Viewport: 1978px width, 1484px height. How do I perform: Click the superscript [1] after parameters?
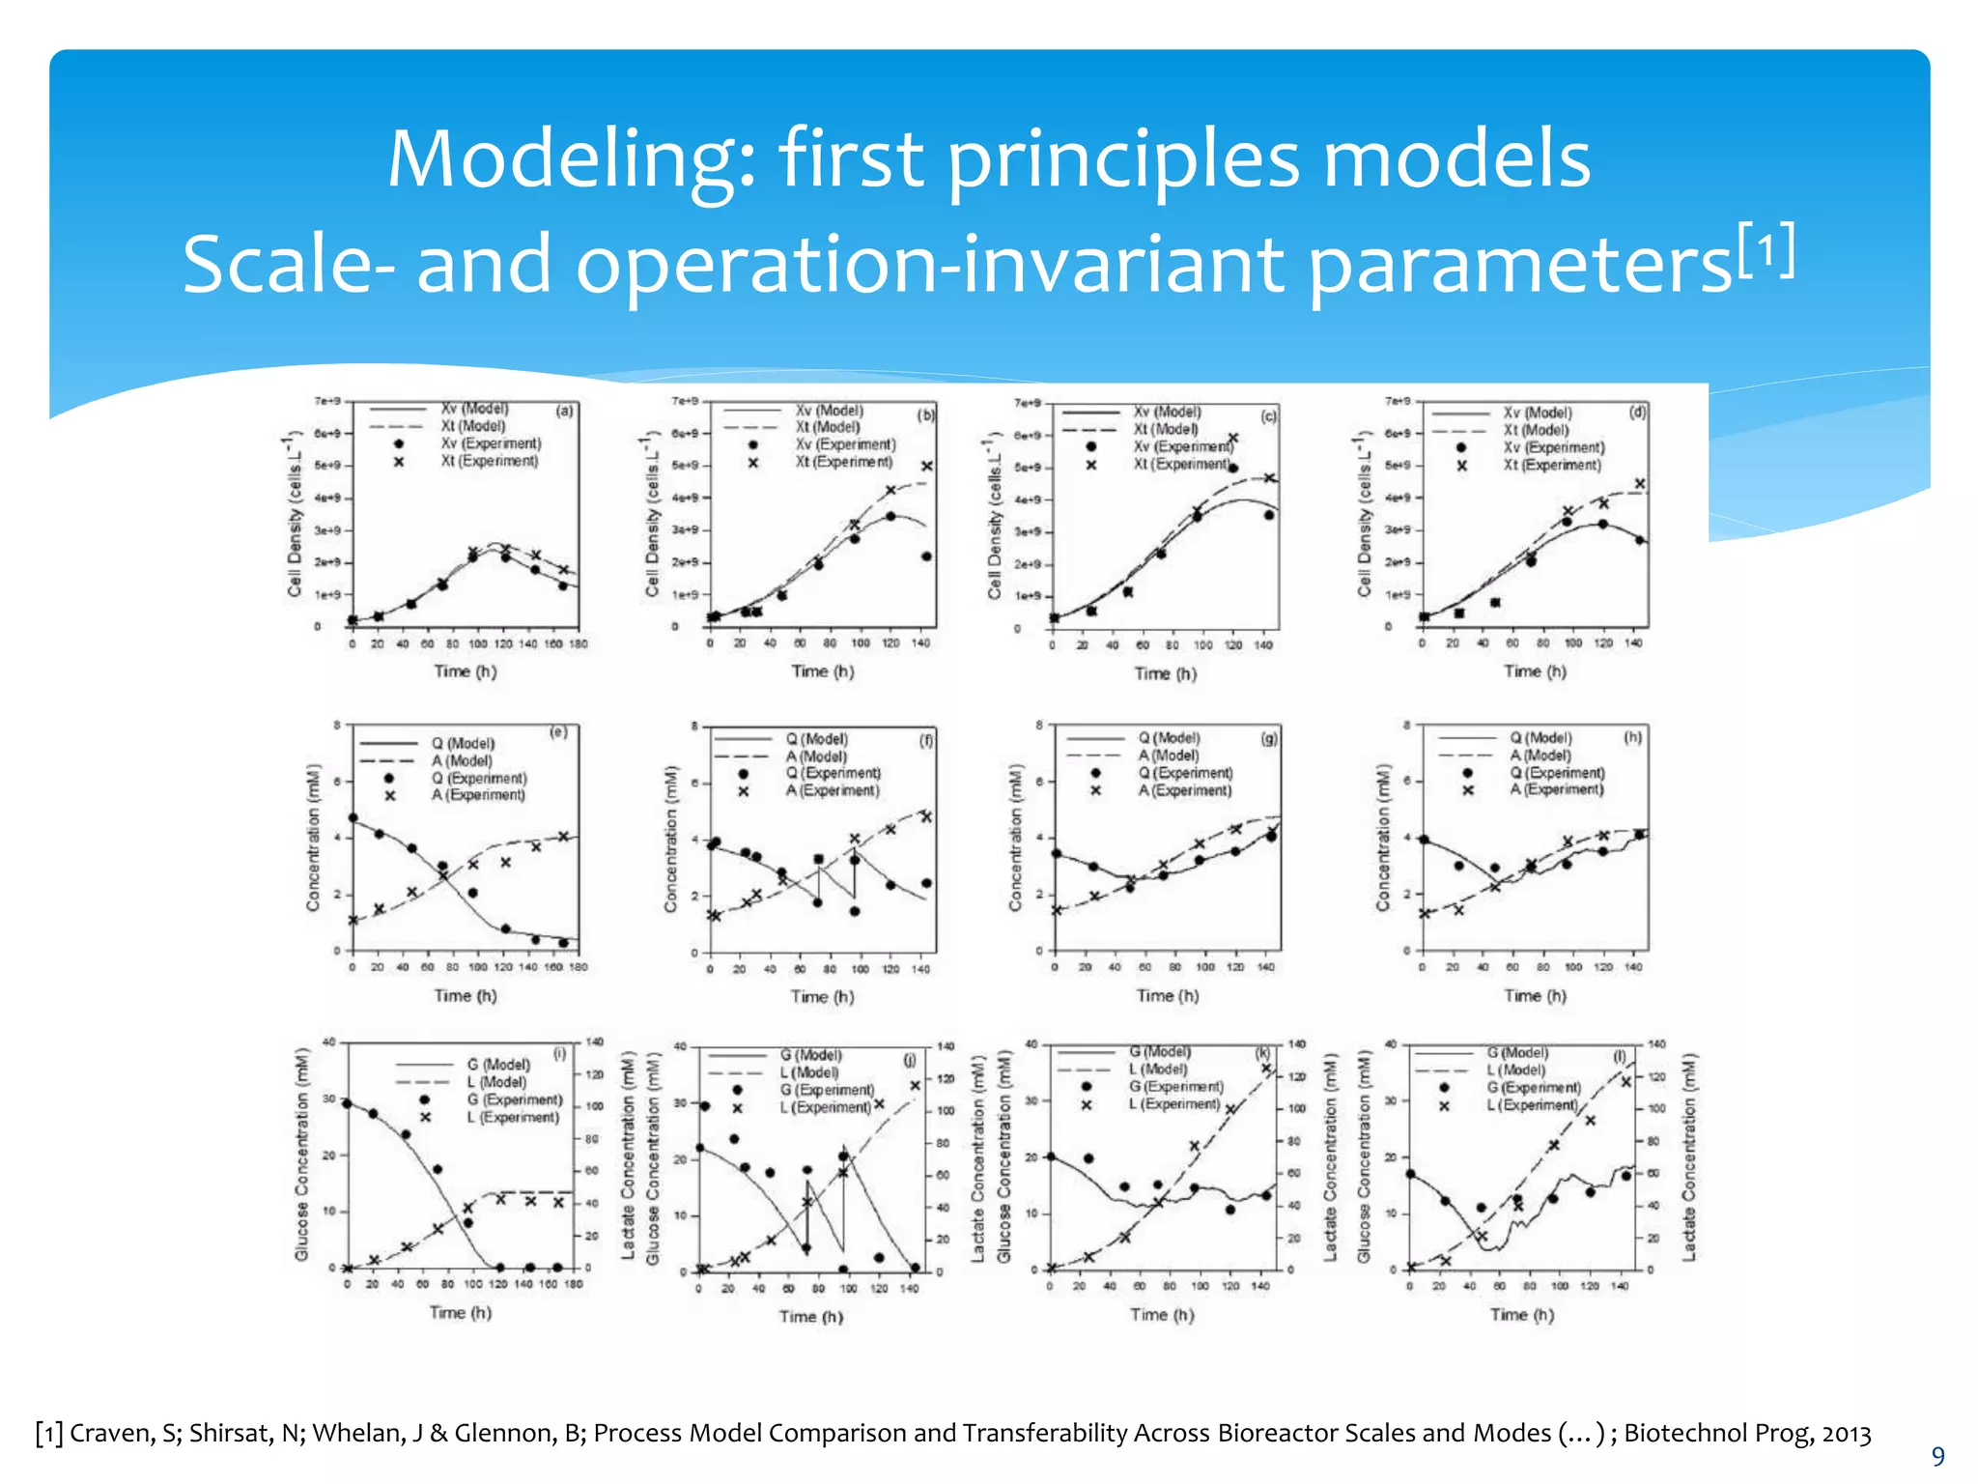(x=1766, y=250)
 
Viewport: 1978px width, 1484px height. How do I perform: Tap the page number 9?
(x=1936, y=1456)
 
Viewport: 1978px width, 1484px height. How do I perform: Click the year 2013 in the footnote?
(x=1846, y=1433)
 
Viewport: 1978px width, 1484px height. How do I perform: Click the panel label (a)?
(x=564, y=411)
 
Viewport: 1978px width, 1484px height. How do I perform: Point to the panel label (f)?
(x=925, y=741)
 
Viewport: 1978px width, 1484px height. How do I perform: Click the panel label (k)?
(x=1262, y=1052)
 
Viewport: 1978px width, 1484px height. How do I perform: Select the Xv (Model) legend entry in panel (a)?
(x=474, y=409)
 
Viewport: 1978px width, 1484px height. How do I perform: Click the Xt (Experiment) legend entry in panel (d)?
(x=1551, y=465)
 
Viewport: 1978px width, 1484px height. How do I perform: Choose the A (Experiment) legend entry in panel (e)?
(x=478, y=795)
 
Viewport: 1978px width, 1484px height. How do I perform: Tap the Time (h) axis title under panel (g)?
(x=1167, y=995)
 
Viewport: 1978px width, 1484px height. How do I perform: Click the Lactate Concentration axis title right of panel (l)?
(x=1688, y=1156)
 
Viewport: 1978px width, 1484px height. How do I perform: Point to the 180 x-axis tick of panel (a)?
(x=578, y=643)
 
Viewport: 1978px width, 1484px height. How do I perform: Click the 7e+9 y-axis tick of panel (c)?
(x=1028, y=403)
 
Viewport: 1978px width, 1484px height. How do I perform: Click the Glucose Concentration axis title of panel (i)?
(x=302, y=1156)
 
